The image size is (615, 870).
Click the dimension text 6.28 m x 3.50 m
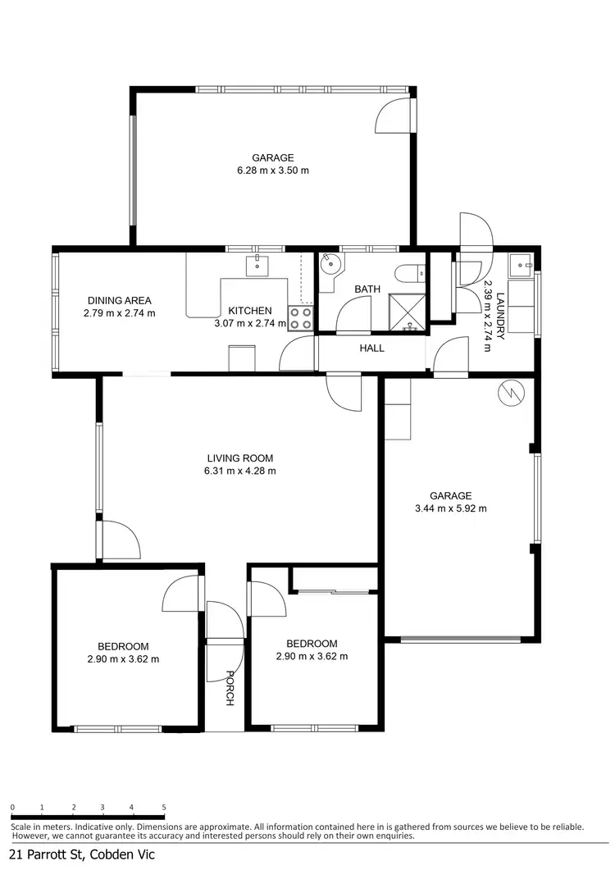[272, 171]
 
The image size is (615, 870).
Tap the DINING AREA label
[119, 300]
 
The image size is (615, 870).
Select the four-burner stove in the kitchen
[301, 318]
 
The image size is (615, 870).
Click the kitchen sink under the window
[257, 263]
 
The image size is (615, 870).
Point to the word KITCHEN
[250, 311]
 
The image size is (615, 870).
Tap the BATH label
[367, 289]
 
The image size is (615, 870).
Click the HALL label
[371, 348]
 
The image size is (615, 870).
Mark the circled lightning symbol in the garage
[508, 394]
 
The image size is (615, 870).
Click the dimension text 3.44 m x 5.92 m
[450, 508]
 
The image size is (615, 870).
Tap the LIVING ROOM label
[239, 458]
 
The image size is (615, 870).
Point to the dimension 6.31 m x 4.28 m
[239, 471]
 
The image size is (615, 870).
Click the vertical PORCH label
[230, 688]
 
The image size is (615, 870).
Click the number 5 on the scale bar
[164, 808]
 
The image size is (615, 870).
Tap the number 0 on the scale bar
[12, 808]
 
